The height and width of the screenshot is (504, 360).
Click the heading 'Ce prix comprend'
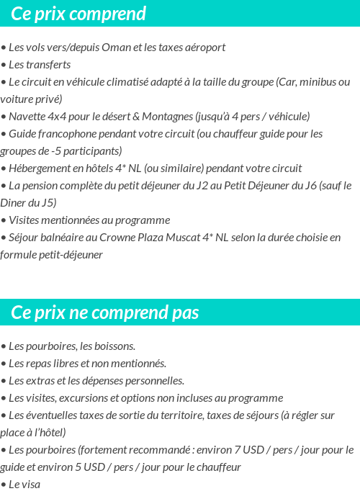click(x=78, y=14)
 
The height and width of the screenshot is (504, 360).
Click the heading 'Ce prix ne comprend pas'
click(x=105, y=312)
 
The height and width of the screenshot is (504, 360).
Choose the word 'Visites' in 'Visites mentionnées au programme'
click(x=24, y=220)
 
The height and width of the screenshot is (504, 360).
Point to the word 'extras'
click(x=40, y=380)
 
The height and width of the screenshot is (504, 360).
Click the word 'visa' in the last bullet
click(x=31, y=484)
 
